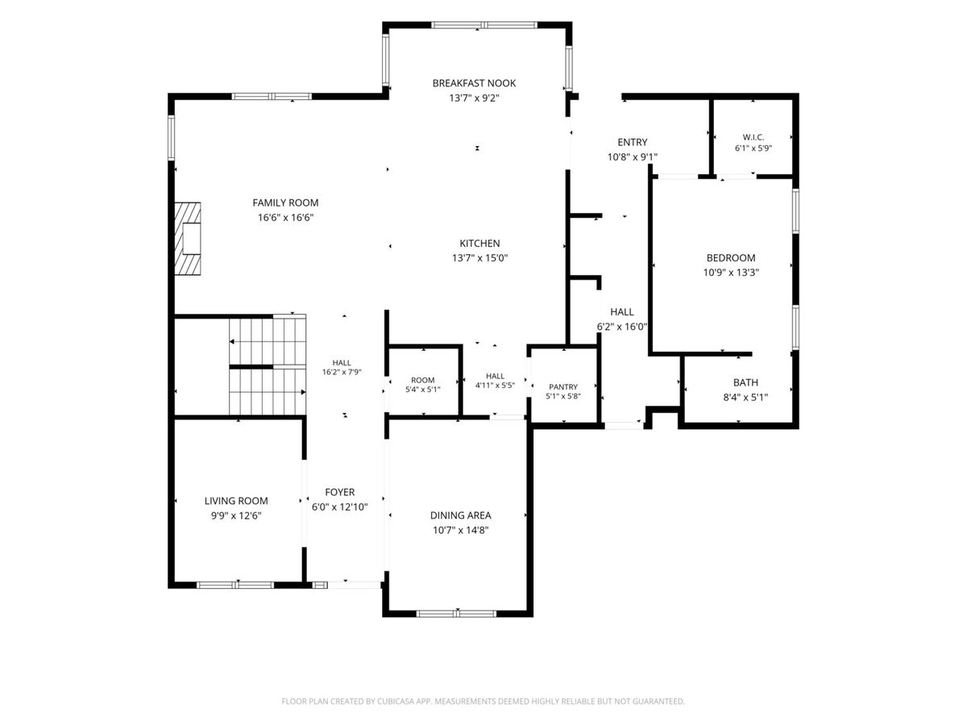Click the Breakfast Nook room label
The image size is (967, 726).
474,83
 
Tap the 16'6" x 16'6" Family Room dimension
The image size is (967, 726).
285,217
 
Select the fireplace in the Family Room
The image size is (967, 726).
187,239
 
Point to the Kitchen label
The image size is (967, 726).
479,243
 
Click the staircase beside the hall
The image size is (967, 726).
268,365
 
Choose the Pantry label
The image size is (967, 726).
563,386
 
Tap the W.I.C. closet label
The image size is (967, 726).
753,137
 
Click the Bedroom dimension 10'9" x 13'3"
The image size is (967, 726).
731,273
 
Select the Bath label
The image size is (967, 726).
745,382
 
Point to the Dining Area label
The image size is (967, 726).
460,515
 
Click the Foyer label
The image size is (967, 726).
340,492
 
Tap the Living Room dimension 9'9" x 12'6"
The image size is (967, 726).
236,515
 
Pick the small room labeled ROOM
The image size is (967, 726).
422,380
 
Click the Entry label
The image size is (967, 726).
633,142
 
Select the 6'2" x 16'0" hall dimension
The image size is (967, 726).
621,327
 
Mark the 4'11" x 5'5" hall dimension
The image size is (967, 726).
495,386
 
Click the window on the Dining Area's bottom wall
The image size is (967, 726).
456,613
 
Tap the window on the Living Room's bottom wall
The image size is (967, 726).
235,585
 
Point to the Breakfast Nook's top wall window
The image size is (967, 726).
483,25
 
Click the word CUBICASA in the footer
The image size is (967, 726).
396,701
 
